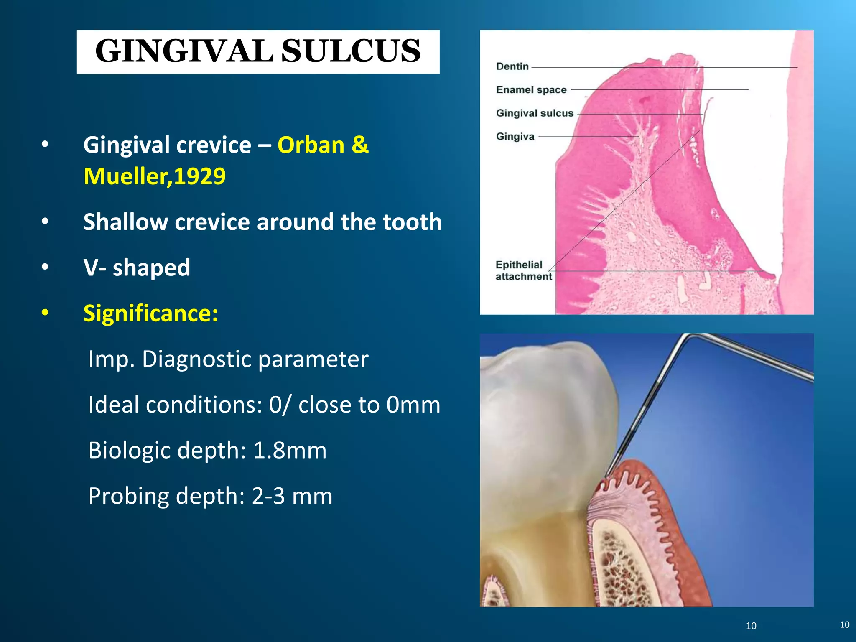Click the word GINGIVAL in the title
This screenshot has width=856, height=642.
184,51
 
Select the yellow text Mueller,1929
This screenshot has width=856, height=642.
154,176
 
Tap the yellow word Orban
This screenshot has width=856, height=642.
311,145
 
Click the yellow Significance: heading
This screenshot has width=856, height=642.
150,313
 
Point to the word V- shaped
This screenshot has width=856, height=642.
137,267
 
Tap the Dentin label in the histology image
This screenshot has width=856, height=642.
512,66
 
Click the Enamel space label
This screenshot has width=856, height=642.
531,90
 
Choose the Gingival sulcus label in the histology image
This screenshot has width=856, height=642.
534,113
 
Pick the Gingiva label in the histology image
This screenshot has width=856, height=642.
515,137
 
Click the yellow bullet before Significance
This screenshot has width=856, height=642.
45,313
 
